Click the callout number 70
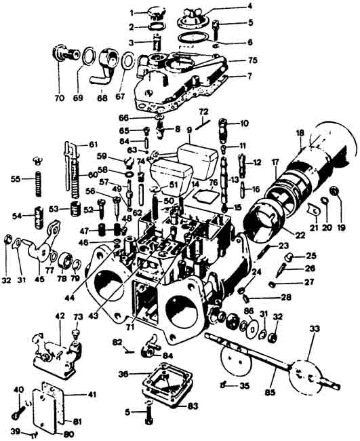(x=59, y=98)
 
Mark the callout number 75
(x=252, y=60)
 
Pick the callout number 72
(x=203, y=110)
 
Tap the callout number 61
(x=93, y=144)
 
